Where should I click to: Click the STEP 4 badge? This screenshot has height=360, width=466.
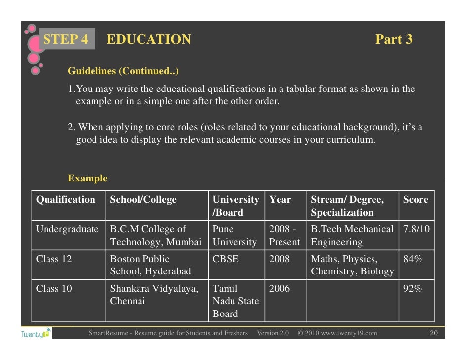pyautogui.click(x=65, y=40)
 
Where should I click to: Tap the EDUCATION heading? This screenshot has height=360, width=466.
pyautogui.click(x=149, y=40)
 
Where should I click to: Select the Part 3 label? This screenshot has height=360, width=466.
pyautogui.click(x=393, y=40)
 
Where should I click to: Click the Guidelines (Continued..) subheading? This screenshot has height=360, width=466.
pyautogui.click(x=123, y=71)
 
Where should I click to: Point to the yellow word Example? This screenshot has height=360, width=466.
pyautogui.click(x=88, y=179)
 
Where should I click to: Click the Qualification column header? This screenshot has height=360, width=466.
pyautogui.click(x=66, y=200)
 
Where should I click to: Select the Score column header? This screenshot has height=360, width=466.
pyautogui.click(x=416, y=200)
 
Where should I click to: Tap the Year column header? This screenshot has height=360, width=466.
pyautogui.click(x=280, y=200)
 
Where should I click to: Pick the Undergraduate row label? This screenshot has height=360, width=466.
pyautogui.click(x=67, y=229)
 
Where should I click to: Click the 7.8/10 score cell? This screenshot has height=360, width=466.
pyautogui.click(x=416, y=229)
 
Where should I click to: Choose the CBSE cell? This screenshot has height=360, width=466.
pyautogui.click(x=226, y=259)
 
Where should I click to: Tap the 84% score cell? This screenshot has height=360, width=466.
pyautogui.click(x=412, y=259)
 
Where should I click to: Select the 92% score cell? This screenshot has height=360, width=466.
pyautogui.click(x=412, y=289)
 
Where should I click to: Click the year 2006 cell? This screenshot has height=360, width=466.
pyautogui.click(x=280, y=289)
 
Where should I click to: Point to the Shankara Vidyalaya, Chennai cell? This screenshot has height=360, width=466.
pyautogui.click(x=154, y=295)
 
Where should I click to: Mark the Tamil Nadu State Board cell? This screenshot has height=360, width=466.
pyautogui.click(x=235, y=301)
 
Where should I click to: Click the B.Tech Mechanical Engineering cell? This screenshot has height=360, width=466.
pyautogui.click(x=352, y=236)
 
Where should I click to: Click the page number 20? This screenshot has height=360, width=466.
pyautogui.click(x=434, y=333)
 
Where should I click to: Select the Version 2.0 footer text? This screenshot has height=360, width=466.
pyautogui.click(x=273, y=333)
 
